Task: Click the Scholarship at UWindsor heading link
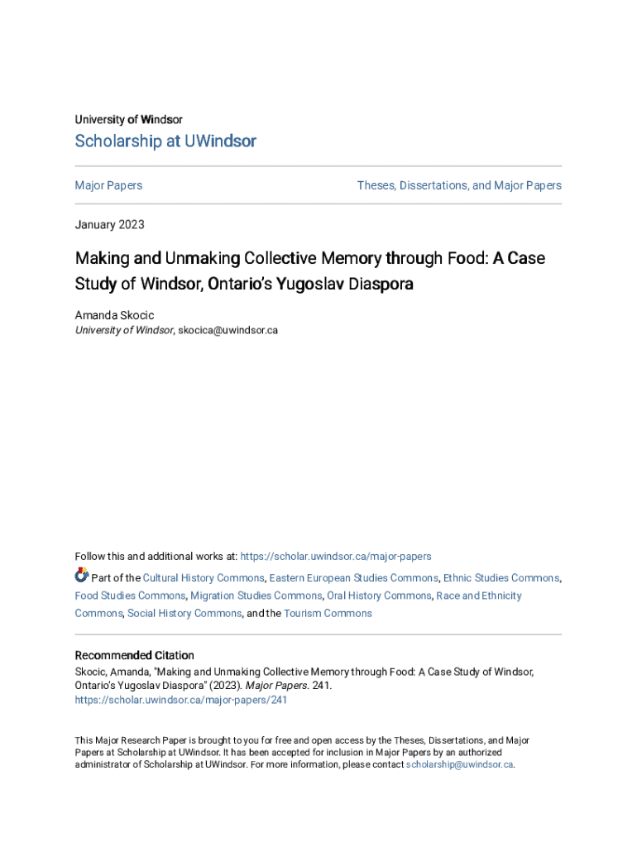pyautogui.click(x=165, y=141)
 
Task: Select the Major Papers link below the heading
pyautogui.click(x=108, y=185)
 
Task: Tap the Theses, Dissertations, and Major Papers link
pyautogui.click(x=459, y=185)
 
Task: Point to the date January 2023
pyautogui.click(x=109, y=224)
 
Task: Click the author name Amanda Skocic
pyautogui.click(x=114, y=316)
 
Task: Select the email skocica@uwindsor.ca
pyautogui.click(x=227, y=330)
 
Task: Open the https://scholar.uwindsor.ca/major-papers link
pyautogui.click(x=335, y=557)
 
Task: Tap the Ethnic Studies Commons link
pyautogui.click(x=500, y=578)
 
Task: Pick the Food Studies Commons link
pyautogui.click(x=130, y=596)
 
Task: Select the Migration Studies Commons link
pyautogui.click(x=256, y=596)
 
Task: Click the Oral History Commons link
pyautogui.click(x=379, y=596)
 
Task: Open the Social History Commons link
pyautogui.click(x=184, y=613)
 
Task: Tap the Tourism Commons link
pyautogui.click(x=328, y=613)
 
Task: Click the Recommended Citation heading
pyautogui.click(x=135, y=655)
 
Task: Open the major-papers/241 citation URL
pyautogui.click(x=181, y=700)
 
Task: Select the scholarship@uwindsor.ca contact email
pyautogui.click(x=460, y=764)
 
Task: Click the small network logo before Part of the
pyautogui.click(x=81, y=576)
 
